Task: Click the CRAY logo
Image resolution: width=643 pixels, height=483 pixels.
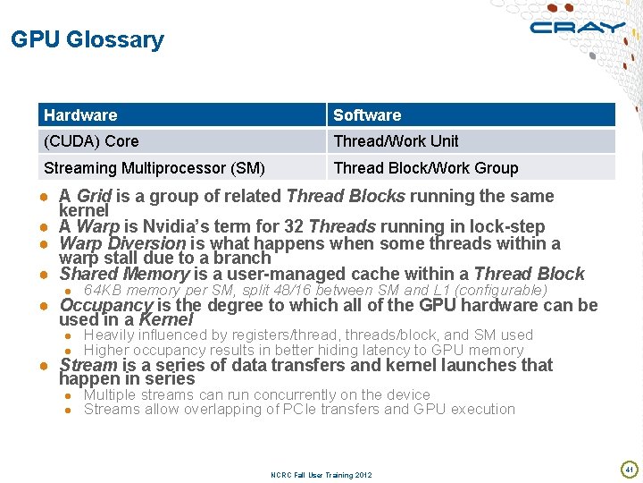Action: [578, 27]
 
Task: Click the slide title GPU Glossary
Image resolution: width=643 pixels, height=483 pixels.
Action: [88, 39]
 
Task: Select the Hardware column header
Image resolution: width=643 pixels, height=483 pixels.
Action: [80, 114]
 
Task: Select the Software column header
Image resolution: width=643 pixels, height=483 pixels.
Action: [367, 114]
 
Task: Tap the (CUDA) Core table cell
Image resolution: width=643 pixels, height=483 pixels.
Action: [91, 141]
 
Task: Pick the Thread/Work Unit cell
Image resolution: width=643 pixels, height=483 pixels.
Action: [396, 141]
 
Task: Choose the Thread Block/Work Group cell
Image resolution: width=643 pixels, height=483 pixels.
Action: [425, 168]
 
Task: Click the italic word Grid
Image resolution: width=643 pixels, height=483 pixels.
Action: [94, 196]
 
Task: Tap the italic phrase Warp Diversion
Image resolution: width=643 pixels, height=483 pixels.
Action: [122, 243]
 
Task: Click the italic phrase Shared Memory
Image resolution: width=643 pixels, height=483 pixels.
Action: [123, 274]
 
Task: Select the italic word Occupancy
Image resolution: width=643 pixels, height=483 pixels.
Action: [105, 305]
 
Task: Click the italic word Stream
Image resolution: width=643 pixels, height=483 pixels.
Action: [88, 365]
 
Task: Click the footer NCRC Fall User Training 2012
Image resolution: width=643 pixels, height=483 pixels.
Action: [321, 475]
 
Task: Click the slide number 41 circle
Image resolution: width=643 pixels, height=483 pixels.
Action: [629, 469]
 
